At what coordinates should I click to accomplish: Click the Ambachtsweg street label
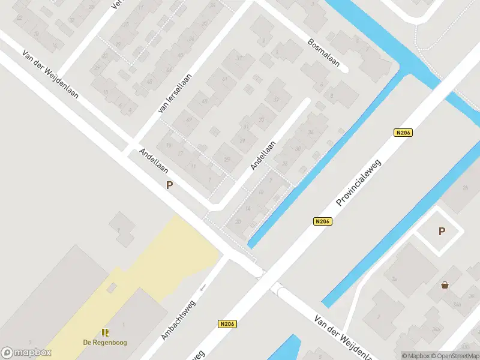point(178,320)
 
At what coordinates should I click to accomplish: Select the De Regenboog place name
point(105,343)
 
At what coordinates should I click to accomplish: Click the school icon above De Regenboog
point(105,332)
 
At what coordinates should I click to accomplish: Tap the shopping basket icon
point(445,285)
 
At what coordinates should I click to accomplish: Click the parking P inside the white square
point(442,232)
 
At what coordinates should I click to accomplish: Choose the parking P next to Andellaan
point(170,185)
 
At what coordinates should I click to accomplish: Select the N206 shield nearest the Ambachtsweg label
point(227,324)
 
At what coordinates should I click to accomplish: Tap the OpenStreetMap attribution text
point(455,356)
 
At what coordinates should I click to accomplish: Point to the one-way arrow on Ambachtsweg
point(203,287)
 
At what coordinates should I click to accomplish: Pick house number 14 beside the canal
point(248,208)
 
